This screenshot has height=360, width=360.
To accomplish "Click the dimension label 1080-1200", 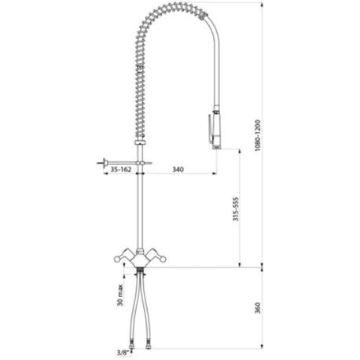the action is coord(258,135).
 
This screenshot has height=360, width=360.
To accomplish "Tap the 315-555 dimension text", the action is coord(236,209).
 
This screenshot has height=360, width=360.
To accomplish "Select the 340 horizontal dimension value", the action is coord(178,169).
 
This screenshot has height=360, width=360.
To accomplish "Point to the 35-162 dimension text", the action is coord(120,169).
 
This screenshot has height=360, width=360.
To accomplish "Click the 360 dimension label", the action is coord(258,307).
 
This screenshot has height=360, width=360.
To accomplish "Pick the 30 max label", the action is coord(120,295).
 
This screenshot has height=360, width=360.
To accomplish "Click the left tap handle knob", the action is coord(117,259).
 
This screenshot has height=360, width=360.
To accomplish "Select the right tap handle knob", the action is coord(163,259).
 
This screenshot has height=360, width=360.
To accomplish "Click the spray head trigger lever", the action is coord(210,129).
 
